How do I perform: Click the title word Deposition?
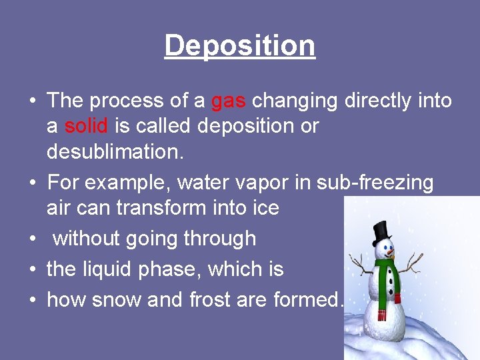[x=240, y=45]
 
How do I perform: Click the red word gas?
[x=229, y=101]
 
